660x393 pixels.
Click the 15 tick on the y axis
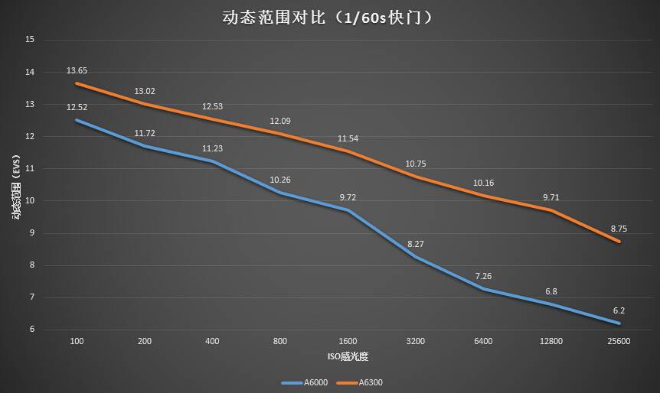(x=31, y=39)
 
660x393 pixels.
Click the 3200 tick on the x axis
(x=416, y=341)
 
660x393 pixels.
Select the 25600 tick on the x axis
(x=619, y=341)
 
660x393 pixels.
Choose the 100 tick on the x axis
(x=77, y=341)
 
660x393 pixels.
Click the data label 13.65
(x=77, y=71)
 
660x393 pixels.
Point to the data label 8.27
(x=416, y=244)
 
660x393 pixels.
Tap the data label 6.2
(x=619, y=310)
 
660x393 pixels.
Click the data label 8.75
(x=619, y=229)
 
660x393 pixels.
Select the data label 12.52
(x=77, y=108)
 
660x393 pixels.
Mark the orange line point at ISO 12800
(x=551, y=209)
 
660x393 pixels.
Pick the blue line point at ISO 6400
(x=483, y=289)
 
